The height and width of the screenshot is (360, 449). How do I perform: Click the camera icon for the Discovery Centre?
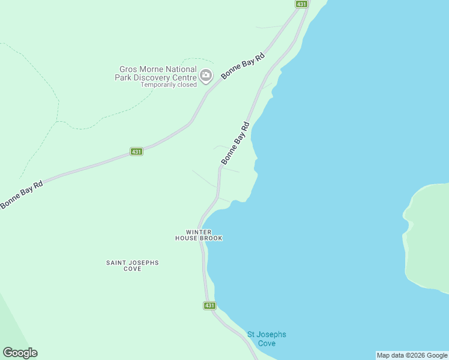[206, 76]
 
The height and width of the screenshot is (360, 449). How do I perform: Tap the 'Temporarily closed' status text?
[169, 85]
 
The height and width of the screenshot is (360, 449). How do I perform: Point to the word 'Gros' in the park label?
[130, 70]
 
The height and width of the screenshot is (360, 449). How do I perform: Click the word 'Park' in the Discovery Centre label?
[124, 77]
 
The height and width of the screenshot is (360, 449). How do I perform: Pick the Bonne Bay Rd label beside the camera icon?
[243, 67]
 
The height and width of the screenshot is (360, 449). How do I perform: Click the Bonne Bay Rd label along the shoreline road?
[235, 143]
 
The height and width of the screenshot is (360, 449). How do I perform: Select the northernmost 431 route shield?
[301, 4]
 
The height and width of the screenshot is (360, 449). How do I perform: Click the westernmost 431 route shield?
[136, 152]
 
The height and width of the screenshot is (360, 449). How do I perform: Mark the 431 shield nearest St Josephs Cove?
[209, 305]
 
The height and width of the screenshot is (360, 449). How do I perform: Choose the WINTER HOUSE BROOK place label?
[199, 235]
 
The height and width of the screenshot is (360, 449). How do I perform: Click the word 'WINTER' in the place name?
[199, 232]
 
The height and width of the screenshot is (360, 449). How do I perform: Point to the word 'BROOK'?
[211, 238]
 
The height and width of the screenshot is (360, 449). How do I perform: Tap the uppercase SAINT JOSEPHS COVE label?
[132, 266]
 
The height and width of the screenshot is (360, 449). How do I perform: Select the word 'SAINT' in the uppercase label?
[116, 263]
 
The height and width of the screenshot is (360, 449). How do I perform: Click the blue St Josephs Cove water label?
[267, 338]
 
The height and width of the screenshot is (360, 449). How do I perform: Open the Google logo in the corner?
[20, 353]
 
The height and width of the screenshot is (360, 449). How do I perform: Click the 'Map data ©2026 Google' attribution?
[412, 355]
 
